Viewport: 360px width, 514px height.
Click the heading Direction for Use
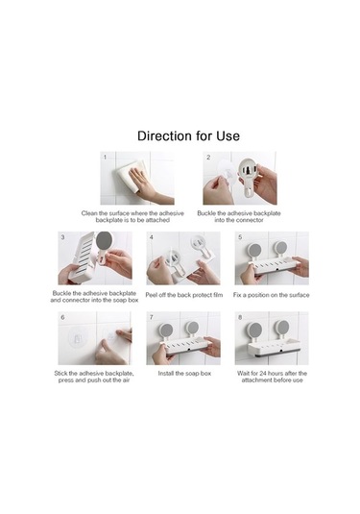[188, 135]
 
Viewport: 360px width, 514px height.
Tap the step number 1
[105, 157]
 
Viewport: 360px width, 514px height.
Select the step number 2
[208, 158]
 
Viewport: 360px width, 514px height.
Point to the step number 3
[62, 237]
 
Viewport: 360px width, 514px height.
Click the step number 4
[152, 237]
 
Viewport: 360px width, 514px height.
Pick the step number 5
[240, 237]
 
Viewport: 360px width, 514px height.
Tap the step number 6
[62, 317]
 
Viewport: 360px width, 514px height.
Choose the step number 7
[152, 317]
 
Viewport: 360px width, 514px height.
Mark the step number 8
[240, 317]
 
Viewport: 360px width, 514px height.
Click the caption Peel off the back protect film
[184, 295]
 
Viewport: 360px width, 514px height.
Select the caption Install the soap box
[184, 374]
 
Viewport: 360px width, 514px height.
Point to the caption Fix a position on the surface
[272, 295]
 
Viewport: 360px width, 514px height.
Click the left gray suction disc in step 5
[253, 249]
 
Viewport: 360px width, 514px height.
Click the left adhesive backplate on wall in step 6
[76, 337]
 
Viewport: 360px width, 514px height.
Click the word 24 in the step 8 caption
[263, 374]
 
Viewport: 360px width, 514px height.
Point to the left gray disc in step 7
[166, 329]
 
